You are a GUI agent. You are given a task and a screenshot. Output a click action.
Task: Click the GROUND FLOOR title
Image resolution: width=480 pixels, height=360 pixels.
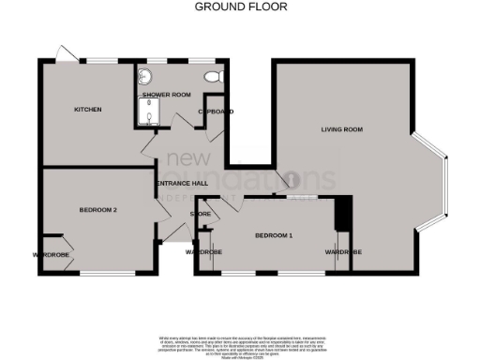(240, 7)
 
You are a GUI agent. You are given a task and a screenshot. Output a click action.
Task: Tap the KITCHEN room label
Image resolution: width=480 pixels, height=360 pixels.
(87, 110)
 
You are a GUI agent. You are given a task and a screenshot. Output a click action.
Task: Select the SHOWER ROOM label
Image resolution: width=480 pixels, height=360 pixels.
(166, 96)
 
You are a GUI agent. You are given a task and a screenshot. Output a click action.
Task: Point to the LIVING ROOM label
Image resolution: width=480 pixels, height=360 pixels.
(341, 128)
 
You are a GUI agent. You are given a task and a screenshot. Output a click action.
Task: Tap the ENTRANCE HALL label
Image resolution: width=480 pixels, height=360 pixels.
(182, 183)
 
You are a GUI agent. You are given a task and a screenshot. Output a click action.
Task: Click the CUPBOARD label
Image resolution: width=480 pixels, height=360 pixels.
(215, 111)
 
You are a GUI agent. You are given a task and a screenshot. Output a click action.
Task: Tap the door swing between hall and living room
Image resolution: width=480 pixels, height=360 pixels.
(292, 181)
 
